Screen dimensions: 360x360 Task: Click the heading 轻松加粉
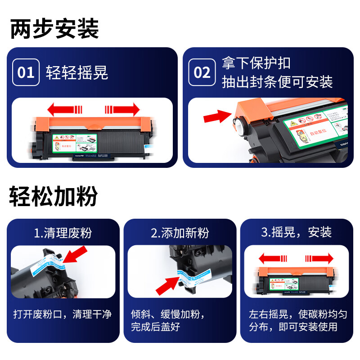click(54, 196)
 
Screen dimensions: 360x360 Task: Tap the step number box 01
click(26, 72)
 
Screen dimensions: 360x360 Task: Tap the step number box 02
click(202, 72)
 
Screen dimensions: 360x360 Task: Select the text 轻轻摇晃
click(77, 72)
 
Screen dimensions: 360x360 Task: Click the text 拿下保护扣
click(256, 63)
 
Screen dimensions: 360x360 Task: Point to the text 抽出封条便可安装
click(277, 82)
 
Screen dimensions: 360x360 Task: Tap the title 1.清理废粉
click(63, 233)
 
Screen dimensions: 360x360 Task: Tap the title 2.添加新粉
click(180, 233)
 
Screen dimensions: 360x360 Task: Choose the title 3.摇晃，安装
click(297, 232)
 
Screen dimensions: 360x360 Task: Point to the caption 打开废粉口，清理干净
click(62, 314)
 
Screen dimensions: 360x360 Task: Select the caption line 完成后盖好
click(155, 326)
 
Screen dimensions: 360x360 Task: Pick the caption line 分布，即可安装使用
click(293, 326)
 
